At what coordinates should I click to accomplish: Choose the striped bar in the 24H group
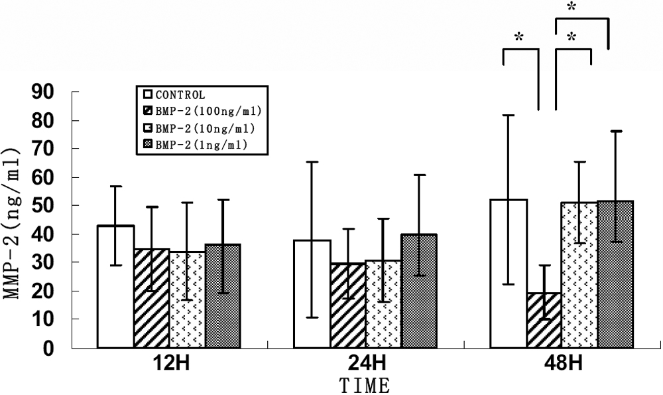pyautogui.click(x=347, y=305)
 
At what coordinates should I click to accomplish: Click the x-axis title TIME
pyautogui.click(x=364, y=385)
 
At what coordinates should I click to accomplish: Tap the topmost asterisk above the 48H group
pyautogui.click(x=571, y=7)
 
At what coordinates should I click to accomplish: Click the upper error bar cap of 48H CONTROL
pyautogui.click(x=508, y=116)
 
